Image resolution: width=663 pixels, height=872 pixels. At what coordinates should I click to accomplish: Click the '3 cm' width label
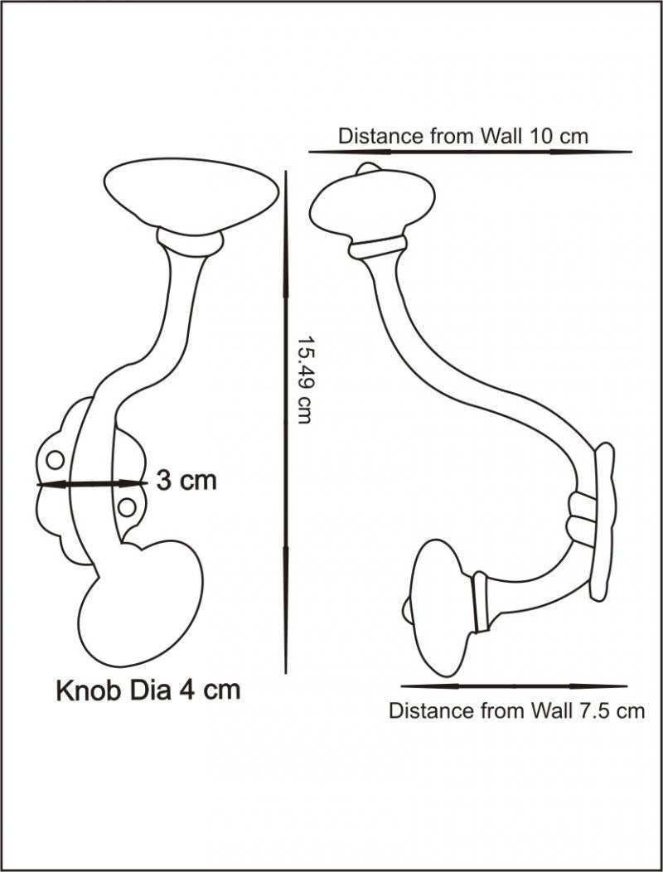[186, 481]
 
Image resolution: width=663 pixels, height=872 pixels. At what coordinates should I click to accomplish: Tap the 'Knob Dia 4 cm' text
[148, 690]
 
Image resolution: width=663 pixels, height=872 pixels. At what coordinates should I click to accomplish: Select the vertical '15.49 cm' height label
[303, 380]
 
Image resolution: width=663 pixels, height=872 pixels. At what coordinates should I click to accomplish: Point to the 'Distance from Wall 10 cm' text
[462, 136]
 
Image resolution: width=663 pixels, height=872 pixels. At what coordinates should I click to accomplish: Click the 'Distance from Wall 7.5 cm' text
[516, 710]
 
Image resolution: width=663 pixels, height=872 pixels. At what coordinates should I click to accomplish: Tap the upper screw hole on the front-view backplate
[55, 460]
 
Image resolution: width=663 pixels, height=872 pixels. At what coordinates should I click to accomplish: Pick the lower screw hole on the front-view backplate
[126, 507]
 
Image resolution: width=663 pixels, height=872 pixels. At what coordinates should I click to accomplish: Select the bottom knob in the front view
[142, 603]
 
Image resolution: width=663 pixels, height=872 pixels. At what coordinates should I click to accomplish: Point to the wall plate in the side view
[603, 521]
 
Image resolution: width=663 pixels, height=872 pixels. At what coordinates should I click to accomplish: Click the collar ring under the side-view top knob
[378, 247]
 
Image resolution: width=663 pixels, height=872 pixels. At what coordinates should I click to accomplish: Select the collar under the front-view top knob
[190, 243]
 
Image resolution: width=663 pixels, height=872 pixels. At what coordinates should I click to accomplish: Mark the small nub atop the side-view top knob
[367, 167]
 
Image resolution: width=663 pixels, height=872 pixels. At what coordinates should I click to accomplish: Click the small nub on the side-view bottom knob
[407, 608]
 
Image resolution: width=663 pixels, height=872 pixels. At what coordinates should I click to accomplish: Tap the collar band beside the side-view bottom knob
[480, 603]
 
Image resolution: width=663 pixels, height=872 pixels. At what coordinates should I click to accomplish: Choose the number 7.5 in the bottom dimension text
[590, 710]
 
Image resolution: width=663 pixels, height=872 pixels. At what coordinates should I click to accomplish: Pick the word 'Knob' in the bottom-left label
[88, 690]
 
